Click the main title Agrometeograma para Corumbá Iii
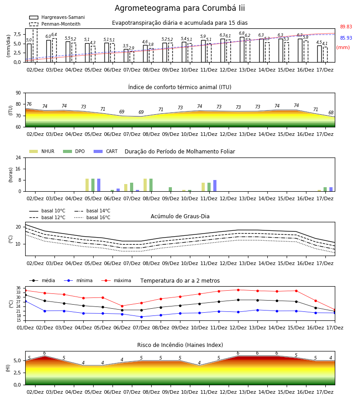[x=180, y=8]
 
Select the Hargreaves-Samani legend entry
[x=57, y=17]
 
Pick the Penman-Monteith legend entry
[x=55, y=24]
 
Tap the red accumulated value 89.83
[x=346, y=27]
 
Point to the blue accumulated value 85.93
[x=346, y=38]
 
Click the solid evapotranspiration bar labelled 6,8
[x=242, y=49]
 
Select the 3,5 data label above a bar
[x=126, y=46]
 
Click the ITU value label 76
[x=29, y=104]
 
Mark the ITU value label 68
[x=331, y=112]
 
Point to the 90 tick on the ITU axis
[x=18, y=93]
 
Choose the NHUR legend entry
[x=42, y=151]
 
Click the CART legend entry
[x=106, y=151]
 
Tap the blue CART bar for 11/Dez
[x=215, y=186]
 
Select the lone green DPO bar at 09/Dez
[x=171, y=189]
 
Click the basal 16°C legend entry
[x=92, y=217]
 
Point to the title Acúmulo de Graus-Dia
[x=180, y=216]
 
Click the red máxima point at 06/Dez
[x=122, y=306]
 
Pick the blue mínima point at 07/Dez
[x=141, y=317]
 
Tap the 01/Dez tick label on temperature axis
[x=25, y=328]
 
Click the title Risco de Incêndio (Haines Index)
[x=180, y=345]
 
